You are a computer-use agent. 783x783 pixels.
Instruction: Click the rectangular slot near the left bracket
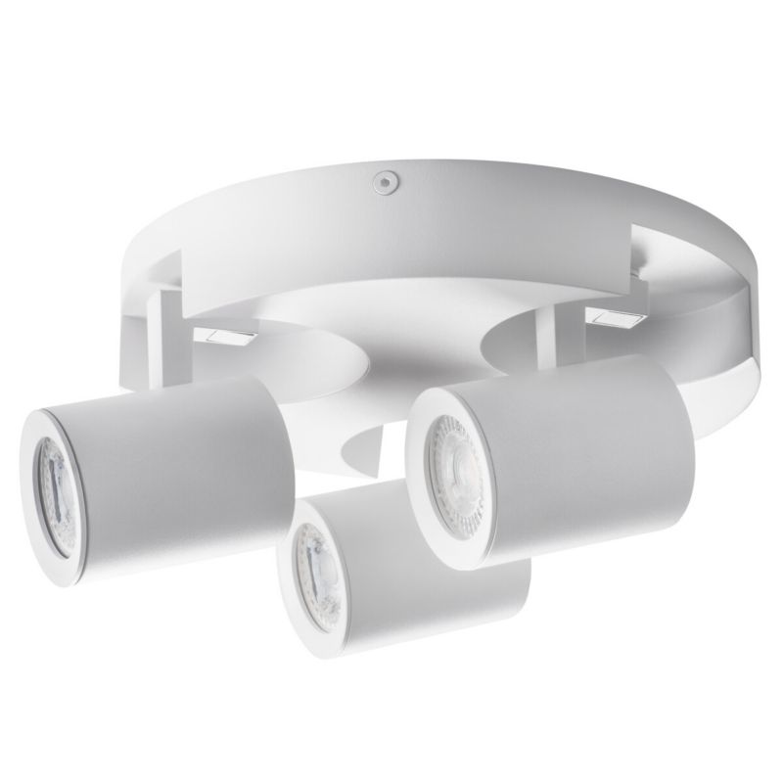point(225,336)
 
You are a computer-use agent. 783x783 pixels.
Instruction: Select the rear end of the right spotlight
point(685,431)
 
